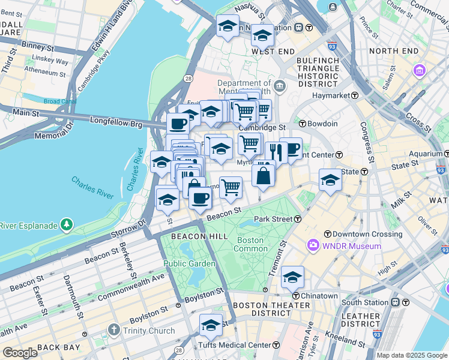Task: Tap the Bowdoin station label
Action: [322, 124]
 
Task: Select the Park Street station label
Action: [273, 219]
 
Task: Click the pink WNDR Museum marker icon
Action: [313, 245]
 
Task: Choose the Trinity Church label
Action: [149, 331]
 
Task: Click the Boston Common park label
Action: [250, 244]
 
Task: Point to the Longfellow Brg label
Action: [116, 123]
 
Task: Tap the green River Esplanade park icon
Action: [67, 226]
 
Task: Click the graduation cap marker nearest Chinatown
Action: [292, 277]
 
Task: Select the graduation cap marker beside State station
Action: [330, 180]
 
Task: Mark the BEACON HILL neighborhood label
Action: [191, 237]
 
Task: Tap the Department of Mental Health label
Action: [244, 88]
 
